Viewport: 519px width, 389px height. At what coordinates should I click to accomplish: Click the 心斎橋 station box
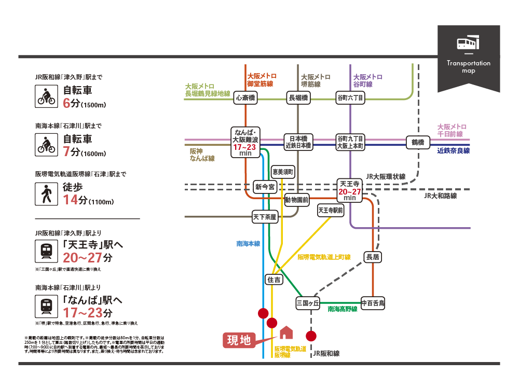click(x=245, y=98)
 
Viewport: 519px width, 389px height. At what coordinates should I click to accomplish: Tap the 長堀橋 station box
click(x=298, y=98)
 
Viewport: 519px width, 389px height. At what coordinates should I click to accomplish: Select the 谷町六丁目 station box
click(x=350, y=98)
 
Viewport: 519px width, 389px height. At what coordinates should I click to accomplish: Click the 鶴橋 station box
click(x=418, y=142)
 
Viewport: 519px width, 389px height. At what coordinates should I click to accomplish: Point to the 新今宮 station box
click(x=265, y=187)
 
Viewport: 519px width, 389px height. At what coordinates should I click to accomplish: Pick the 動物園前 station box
click(x=297, y=199)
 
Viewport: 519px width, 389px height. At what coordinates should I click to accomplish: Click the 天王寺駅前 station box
click(x=331, y=210)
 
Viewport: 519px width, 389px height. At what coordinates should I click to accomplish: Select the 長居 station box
click(x=373, y=256)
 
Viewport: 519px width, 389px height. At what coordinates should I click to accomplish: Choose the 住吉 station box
click(x=274, y=280)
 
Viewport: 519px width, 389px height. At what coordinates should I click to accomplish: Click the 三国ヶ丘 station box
click(x=307, y=302)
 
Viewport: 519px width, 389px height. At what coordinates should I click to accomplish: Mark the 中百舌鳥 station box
click(x=373, y=302)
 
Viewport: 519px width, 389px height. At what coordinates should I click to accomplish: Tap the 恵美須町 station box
click(x=283, y=171)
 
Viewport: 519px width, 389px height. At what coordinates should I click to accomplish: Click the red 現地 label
click(x=239, y=340)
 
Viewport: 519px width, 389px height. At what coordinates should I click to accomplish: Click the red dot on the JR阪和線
click(x=311, y=336)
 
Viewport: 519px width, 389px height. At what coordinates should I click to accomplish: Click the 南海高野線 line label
click(x=343, y=309)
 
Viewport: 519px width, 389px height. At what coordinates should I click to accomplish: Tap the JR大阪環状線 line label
click(x=386, y=176)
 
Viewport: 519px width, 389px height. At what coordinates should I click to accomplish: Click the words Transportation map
click(x=468, y=67)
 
